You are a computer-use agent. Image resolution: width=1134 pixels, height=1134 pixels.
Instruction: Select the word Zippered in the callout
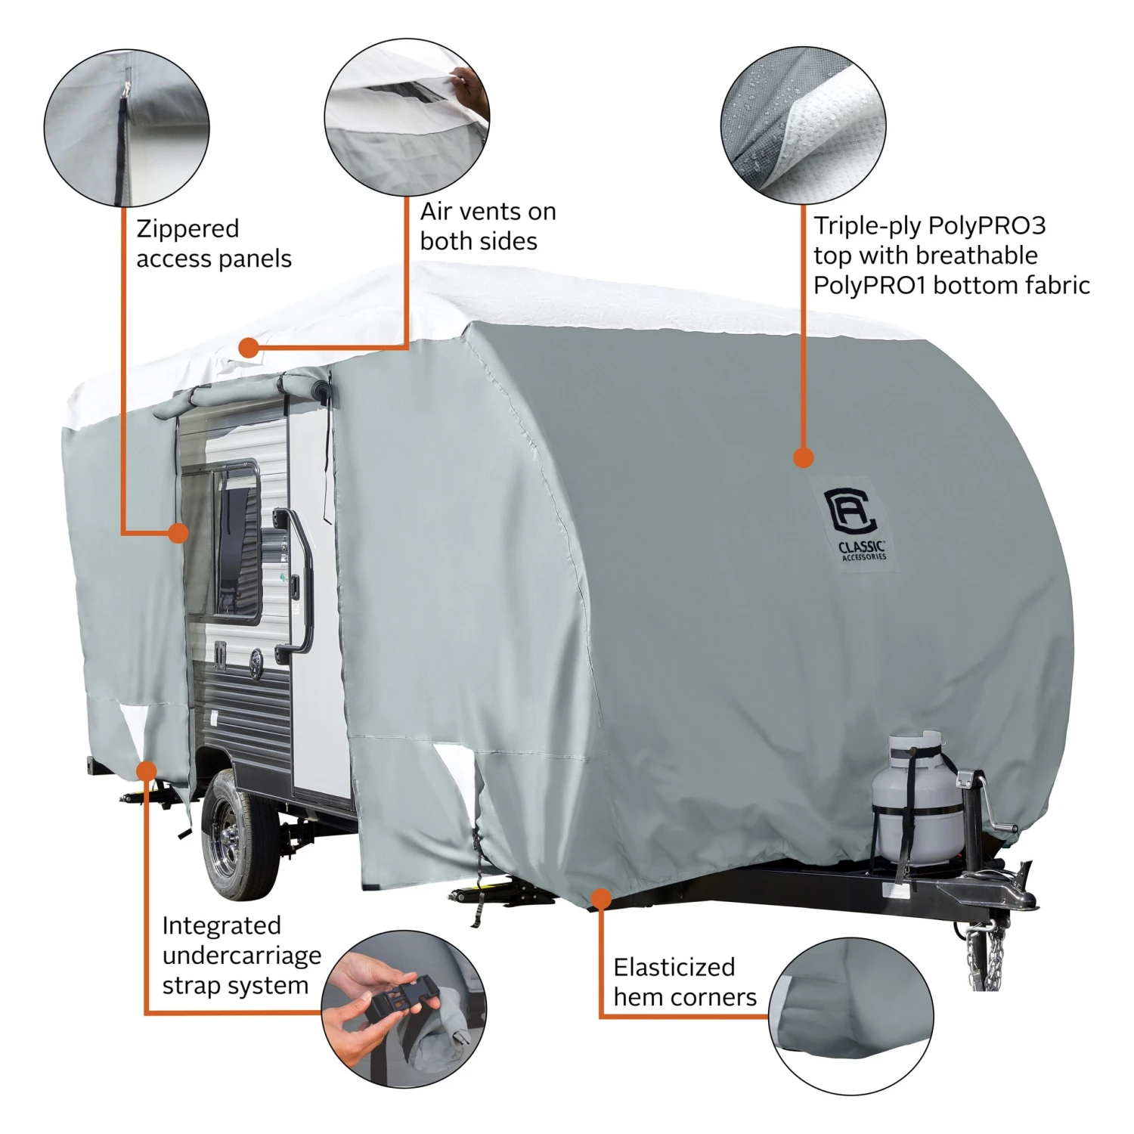(x=187, y=229)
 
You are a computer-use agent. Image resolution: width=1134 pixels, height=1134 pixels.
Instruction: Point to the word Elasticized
(x=674, y=967)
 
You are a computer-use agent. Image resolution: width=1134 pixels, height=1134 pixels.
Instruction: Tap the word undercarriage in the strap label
(x=242, y=956)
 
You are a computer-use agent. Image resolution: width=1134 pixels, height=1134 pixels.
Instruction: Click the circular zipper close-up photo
(x=126, y=127)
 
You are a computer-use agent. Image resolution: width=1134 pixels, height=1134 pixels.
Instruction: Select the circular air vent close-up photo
(x=407, y=117)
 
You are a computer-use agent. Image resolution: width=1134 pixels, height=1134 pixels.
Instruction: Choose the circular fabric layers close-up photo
(x=803, y=124)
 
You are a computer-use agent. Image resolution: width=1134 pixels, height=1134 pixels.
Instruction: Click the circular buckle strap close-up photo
(x=404, y=1009)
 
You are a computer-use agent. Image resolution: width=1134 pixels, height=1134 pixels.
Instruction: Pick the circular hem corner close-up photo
(x=851, y=1016)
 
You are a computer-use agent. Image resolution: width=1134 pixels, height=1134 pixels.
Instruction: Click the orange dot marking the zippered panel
(x=178, y=533)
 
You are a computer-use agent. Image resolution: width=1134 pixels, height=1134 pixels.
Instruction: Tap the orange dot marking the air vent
(x=249, y=348)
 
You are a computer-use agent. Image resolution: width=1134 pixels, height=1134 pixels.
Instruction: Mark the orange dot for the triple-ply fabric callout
(x=804, y=457)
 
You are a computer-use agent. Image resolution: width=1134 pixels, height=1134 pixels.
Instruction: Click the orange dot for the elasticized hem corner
(x=601, y=899)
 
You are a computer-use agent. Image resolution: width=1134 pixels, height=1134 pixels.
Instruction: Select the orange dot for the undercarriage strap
(x=146, y=771)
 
